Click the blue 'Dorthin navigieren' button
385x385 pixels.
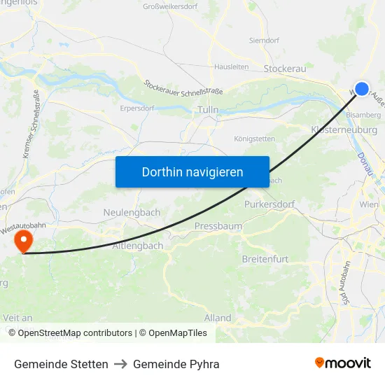tap(192, 171)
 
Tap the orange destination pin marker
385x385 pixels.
tap(24, 241)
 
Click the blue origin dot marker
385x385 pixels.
tap(361, 88)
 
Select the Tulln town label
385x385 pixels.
tap(209, 110)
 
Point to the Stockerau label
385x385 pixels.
tap(286, 69)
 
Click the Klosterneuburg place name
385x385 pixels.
tap(344, 129)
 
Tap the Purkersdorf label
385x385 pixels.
tap(269, 204)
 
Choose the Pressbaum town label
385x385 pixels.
tap(218, 226)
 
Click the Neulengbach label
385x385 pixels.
tap(132, 212)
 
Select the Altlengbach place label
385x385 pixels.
tap(138, 246)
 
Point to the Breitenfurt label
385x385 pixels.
tap(265, 259)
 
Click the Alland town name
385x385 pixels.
tap(217, 318)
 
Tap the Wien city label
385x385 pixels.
tap(369, 204)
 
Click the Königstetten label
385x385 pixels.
tap(254, 139)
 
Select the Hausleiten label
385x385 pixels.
tap(231, 67)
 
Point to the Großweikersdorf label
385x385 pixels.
tap(170, 6)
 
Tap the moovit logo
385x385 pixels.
tap(343, 363)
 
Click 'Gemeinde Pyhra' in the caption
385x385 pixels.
tap(176, 364)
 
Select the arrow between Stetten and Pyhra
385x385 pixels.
tap(120, 364)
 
